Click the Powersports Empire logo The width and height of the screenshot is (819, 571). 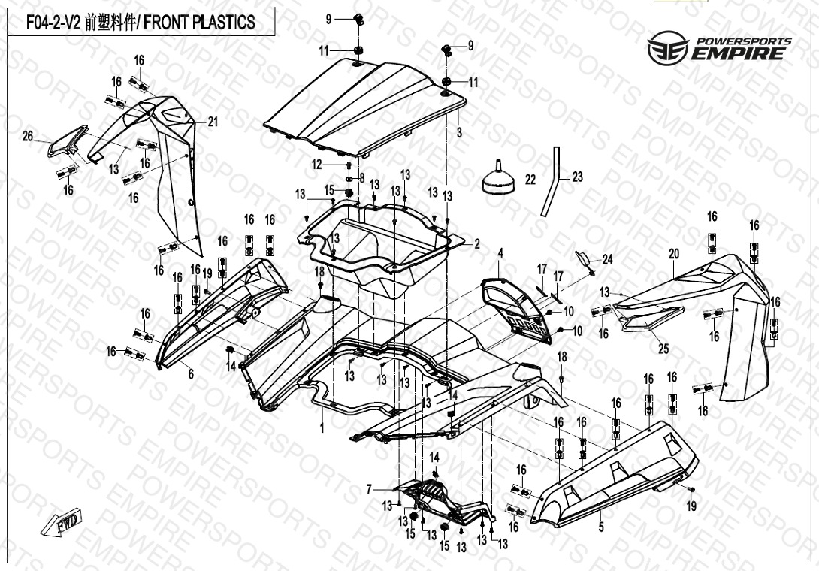point(719,47)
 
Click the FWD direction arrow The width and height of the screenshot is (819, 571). point(63,523)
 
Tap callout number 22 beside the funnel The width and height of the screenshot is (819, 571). point(530,180)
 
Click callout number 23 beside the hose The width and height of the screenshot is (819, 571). point(577,177)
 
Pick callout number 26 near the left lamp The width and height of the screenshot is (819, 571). point(28,136)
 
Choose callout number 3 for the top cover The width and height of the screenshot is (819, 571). point(459,131)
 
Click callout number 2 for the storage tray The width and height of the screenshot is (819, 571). point(476,244)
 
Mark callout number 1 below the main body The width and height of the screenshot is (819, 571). point(322,428)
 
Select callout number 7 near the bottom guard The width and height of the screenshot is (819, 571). point(369,490)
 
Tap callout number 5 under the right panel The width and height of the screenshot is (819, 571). point(601,527)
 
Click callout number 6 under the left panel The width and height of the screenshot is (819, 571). point(191,373)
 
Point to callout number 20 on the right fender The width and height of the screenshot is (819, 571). point(674,254)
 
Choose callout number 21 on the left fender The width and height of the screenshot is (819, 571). point(213,122)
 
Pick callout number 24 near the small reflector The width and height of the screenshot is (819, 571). point(608,260)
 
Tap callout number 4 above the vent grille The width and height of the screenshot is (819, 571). point(500,252)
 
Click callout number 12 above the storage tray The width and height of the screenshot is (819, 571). point(316,164)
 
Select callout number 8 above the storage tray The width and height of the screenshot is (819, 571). point(361,178)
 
